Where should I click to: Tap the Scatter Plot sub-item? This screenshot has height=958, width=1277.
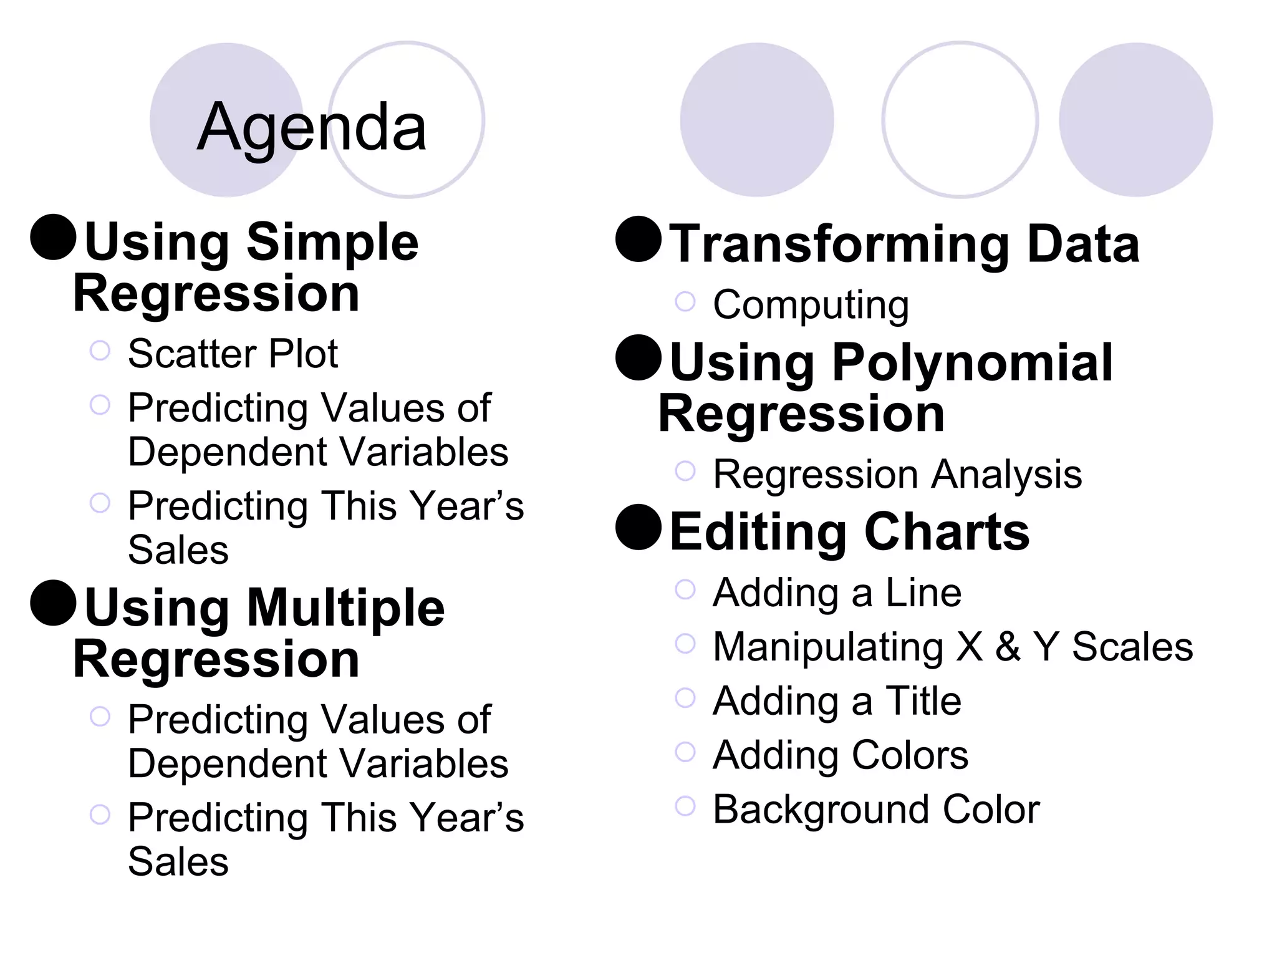[x=233, y=354]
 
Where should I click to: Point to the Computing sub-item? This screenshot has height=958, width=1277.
[x=811, y=305]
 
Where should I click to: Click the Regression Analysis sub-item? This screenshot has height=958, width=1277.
[x=897, y=475]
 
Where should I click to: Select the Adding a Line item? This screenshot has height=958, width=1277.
[x=837, y=593]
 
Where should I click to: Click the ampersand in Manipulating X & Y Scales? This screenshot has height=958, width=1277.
[x=1008, y=647]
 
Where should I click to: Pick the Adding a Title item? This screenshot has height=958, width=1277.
[x=837, y=701]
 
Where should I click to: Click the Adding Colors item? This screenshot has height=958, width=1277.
[x=841, y=755]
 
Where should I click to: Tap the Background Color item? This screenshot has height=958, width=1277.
[x=876, y=810]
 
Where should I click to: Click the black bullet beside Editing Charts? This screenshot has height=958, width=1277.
[x=638, y=527]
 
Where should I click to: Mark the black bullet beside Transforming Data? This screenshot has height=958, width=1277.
[x=638, y=239]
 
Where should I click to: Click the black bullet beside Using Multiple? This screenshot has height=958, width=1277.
[x=53, y=603]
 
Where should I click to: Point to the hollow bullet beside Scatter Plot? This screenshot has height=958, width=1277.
[x=100, y=351]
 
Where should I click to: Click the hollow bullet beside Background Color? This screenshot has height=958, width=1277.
[x=685, y=806]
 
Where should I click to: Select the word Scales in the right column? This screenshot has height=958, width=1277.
[x=1132, y=647]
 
